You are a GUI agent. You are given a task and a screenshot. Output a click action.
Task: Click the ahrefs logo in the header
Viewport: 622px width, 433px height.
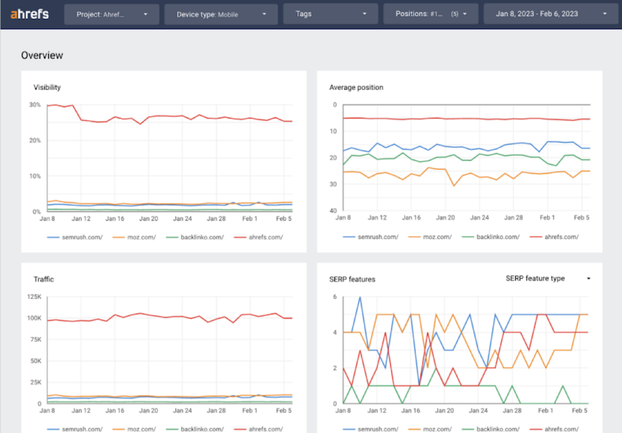pos(30,14)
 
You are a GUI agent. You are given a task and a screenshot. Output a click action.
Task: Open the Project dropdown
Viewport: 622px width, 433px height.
pos(111,14)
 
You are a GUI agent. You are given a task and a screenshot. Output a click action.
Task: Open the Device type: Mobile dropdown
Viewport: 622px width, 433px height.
pos(221,14)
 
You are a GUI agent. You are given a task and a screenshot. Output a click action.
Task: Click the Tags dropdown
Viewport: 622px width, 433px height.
pos(330,14)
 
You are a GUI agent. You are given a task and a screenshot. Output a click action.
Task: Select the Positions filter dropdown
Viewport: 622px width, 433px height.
pos(430,14)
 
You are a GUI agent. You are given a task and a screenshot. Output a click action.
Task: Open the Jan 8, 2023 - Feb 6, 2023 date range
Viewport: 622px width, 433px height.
pos(551,14)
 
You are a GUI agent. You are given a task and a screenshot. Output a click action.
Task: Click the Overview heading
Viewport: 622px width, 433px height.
pos(42,56)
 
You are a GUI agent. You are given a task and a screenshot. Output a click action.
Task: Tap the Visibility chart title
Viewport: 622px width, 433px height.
pos(47,87)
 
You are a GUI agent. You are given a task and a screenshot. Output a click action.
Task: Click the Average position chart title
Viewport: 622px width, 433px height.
pos(356,87)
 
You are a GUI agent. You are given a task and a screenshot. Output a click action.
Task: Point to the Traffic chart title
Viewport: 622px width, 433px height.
pos(44,279)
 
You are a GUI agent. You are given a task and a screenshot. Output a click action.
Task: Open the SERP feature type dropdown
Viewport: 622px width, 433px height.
pos(547,278)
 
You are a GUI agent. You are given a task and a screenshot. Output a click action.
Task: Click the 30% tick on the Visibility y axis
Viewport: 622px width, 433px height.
pos(35,105)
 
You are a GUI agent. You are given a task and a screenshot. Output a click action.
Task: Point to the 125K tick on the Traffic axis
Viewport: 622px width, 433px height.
pos(34,297)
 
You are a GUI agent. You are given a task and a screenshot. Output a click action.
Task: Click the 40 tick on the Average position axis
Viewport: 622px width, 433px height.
pos(333,211)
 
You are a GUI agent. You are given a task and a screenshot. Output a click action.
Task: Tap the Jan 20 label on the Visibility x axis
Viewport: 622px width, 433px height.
pos(148,219)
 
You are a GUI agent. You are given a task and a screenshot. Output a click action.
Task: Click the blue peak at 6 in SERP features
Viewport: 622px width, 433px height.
pos(360,297)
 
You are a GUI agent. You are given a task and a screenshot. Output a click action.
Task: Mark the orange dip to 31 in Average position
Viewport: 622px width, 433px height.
pos(454,186)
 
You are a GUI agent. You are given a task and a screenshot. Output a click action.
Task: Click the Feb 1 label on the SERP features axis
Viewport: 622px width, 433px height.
pos(545,411)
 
